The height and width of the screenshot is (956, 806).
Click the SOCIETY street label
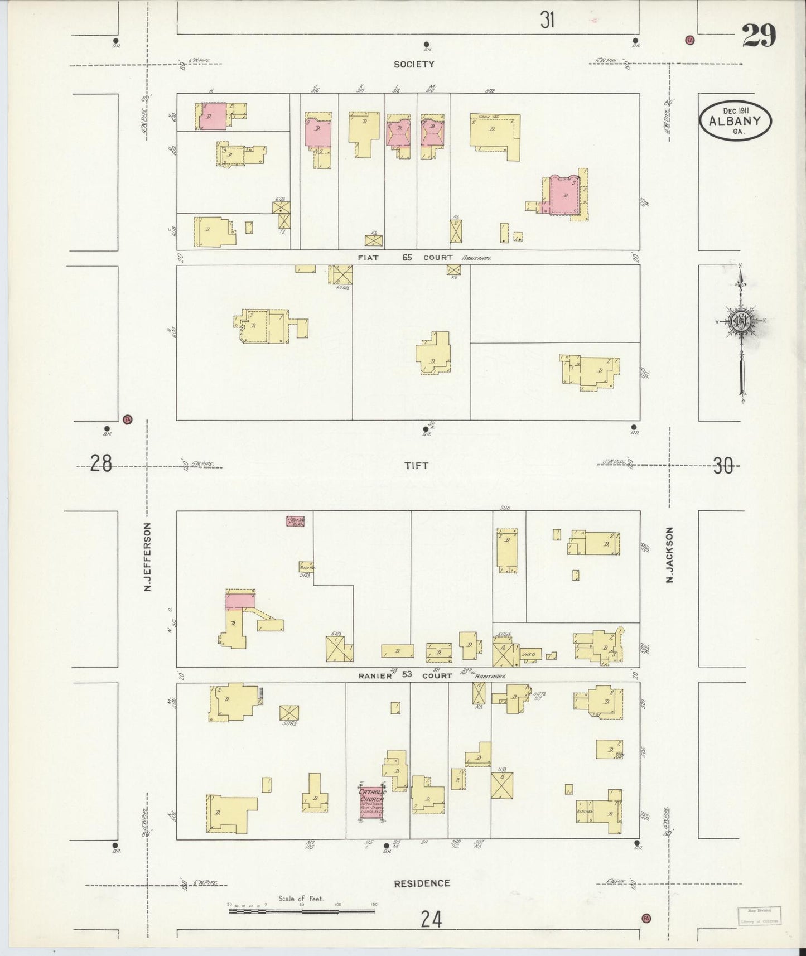click(413, 64)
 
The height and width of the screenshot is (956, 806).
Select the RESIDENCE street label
click(422, 883)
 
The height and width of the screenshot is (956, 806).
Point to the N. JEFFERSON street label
click(148, 557)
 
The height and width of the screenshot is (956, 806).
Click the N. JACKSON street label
click(670, 555)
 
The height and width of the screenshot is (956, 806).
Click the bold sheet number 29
click(759, 37)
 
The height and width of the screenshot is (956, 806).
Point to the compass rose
click(741, 322)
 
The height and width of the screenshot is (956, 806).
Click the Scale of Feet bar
click(301, 911)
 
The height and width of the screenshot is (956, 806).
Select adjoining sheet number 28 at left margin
click(102, 463)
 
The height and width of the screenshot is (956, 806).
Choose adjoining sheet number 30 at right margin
click(723, 465)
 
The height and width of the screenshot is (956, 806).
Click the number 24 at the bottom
click(431, 919)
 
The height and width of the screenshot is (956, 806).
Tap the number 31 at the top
click(547, 20)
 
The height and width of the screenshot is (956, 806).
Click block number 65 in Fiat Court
click(407, 258)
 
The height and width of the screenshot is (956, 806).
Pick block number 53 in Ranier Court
click(407, 675)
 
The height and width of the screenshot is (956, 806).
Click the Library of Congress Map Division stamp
click(759, 916)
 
